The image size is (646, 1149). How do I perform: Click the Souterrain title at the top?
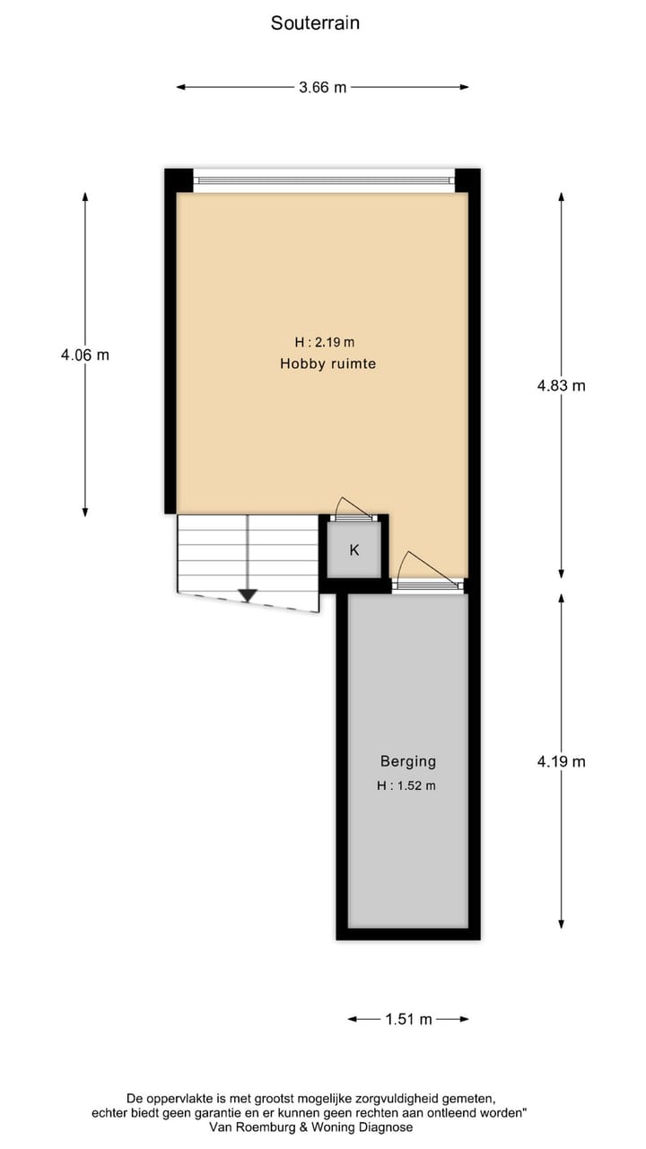pyautogui.click(x=315, y=23)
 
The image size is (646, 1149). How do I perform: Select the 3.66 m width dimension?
pyautogui.click(x=322, y=87)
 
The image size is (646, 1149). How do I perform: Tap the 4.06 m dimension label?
pyautogui.click(x=85, y=355)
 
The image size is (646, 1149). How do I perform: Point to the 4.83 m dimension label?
pyautogui.click(x=561, y=385)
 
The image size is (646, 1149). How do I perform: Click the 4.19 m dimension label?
pyautogui.click(x=561, y=761)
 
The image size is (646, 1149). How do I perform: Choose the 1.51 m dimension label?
pyautogui.click(x=408, y=1019)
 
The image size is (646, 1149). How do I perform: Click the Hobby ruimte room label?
pyautogui.click(x=327, y=364)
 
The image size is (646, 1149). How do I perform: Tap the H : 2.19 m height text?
pyautogui.click(x=324, y=342)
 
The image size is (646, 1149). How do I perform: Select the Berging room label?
pyautogui.click(x=407, y=761)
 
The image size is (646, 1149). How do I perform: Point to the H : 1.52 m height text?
pyautogui.click(x=406, y=785)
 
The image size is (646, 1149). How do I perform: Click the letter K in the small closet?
pyautogui.click(x=354, y=549)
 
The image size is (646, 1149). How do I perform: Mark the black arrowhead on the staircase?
pyautogui.click(x=248, y=595)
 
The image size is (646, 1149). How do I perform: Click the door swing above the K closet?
pyautogui.click(x=345, y=508)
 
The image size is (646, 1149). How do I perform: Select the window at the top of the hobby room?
pyautogui.click(x=324, y=180)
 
